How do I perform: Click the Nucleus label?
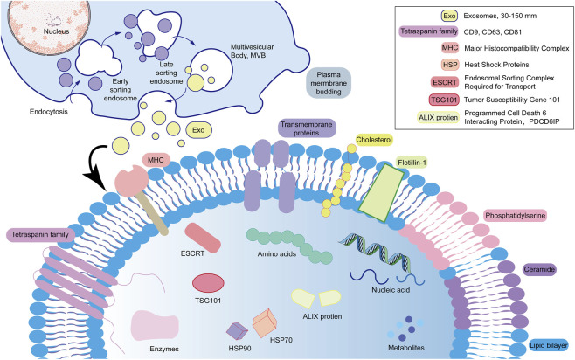tap(56, 31)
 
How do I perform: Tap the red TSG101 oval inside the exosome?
tap(208, 282)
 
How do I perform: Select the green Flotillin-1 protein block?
tap(381, 193)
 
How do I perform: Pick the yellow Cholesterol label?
tap(374, 140)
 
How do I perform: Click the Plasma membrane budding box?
tap(329, 83)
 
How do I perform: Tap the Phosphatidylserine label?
tap(516, 216)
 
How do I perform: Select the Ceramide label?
tap(539, 269)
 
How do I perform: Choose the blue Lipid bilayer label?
tap(549, 345)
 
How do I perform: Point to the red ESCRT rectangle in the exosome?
tap(203, 238)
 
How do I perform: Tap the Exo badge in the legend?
tap(449, 16)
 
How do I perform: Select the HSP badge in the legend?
tap(449, 65)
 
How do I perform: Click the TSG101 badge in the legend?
tap(444, 100)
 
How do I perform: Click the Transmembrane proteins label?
tap(307, 128)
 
